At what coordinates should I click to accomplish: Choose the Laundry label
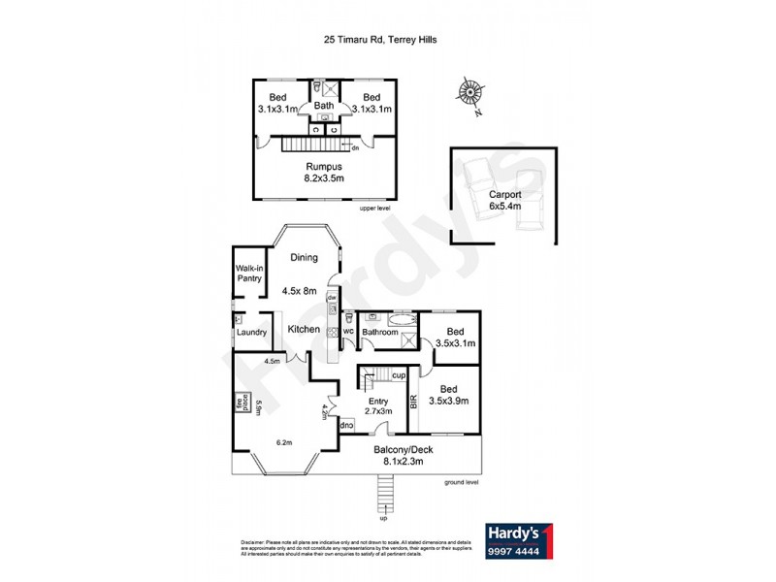(x=251, y=334)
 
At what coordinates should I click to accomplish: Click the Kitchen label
(x=304, y=330)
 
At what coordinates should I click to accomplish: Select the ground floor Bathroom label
(x=380, y=333)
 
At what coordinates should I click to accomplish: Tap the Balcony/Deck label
(x=408, y=456)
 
